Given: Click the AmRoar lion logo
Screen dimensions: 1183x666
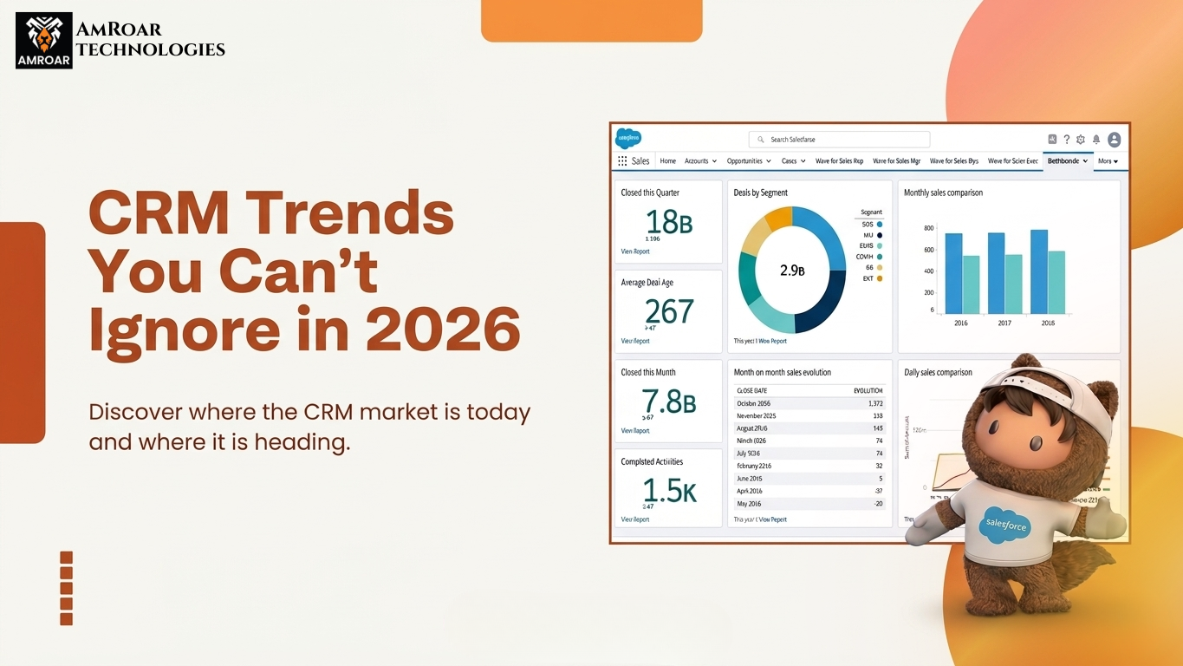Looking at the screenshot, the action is click(43, 41).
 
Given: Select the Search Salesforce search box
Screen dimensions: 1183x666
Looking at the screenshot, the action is click(838, 139).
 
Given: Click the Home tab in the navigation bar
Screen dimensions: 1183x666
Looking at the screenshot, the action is click(667, 160).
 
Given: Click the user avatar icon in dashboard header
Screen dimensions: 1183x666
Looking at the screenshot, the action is click(1115, 140).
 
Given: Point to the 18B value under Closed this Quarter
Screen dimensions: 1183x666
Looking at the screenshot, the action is click(670, 223).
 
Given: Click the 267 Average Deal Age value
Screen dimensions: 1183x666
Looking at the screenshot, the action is click(669, 311).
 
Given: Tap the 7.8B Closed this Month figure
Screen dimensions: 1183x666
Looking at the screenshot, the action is click(669, 402).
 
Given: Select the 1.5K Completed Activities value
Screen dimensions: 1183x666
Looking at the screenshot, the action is click(669, 491).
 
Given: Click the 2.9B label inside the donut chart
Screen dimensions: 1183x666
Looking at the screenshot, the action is click(792, 271).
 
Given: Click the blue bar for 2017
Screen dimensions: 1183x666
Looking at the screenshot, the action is click(996, 273).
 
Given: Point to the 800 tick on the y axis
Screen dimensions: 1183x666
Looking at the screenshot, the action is click(928, 228).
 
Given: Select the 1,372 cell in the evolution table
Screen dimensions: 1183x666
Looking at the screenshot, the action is click(873, 403).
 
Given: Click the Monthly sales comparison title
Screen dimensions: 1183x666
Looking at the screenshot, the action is click(943, 193).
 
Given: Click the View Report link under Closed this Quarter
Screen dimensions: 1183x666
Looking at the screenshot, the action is click(635, 251).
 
